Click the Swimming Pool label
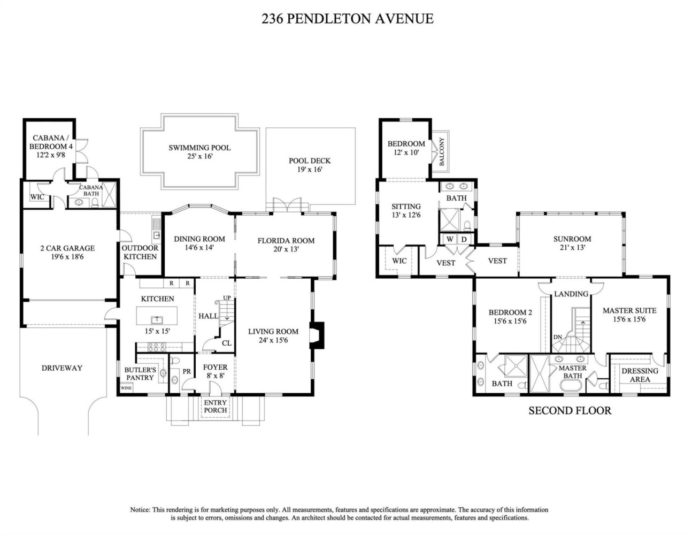pyautogui.click(x=199, y=148)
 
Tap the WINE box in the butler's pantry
pyautogui.click(x=126, y=388)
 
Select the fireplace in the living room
pyautogui.click(x=318, y=335)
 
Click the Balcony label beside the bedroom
pyautogui.click(x=441, y=151)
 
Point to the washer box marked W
pyautogui.click(x=450, y=239)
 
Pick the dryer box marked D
pyautogui.click(x=464, y=239)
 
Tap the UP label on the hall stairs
pyautogui.click(x=227, y=298)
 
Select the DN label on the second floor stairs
pyautogui.click(x=558, y=337)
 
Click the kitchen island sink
pyautogui.click(x=157, y=319)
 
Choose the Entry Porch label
pyautogui.click(x=216, y=407)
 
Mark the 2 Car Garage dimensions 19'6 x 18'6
pyautogui.click(x=67, y=257)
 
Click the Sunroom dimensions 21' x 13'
pyautogui.click(x=572, y=247)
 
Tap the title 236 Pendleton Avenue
pyautogui.click(x=348, y=19)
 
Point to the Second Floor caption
pyautogui.click(x=570, y=410)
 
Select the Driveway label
pyautogui.click(x=62, y=368)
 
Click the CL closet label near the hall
pyautogui.click(x=226, y=343)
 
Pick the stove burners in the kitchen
pyautogui.click(x=157, y=347)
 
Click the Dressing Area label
pyautogui.click(x=640, y=375)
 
